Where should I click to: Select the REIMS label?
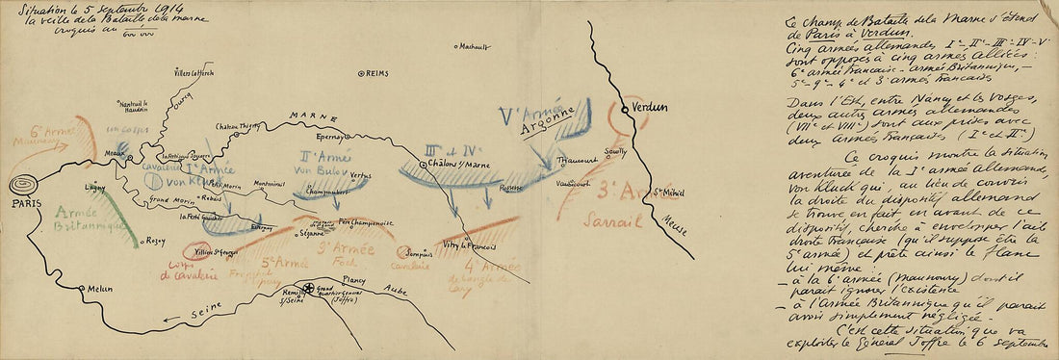377,73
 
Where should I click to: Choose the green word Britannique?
91,227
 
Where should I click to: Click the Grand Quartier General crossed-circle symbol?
307,287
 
